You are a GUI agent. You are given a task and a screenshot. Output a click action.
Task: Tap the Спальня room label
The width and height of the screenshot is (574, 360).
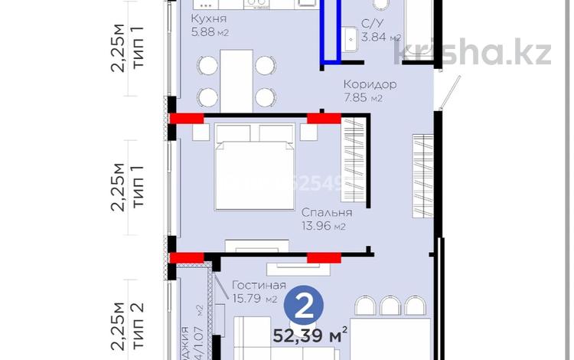327,212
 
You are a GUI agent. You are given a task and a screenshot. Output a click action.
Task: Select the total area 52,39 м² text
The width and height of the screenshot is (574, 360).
311,334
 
